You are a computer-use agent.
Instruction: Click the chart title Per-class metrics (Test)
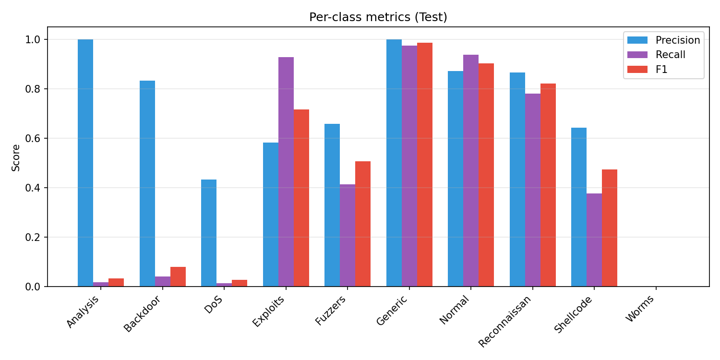coord(378,17)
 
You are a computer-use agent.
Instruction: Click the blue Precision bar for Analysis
coord(85,163)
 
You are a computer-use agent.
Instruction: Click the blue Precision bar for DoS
coord(209,233)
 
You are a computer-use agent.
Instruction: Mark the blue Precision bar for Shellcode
coord(579,207)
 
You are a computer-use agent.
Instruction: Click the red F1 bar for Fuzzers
coord(363,224)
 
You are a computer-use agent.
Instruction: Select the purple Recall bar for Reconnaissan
coord(533,190)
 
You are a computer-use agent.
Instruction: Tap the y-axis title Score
coord(16,157)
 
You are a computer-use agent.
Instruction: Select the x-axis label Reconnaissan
coord(505,321)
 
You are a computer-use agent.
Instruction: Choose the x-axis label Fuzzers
coord(331,311)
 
